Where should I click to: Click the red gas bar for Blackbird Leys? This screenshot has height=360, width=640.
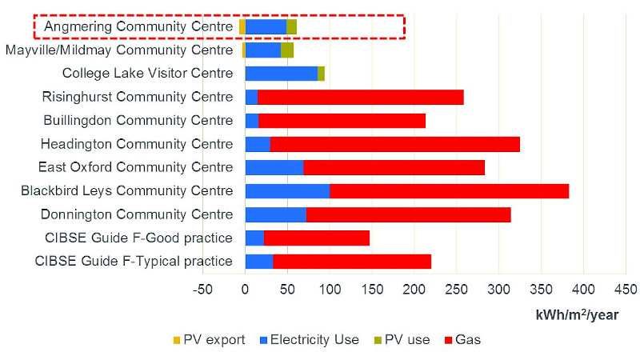(449, 190)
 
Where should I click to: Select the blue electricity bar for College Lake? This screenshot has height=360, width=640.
(281, 74)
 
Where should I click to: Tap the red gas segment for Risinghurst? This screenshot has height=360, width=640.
(360, 97)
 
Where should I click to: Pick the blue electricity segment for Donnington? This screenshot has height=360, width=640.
(275, 214)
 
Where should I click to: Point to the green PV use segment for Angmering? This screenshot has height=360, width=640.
(291, 26)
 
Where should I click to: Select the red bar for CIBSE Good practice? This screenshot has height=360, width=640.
(316, 238)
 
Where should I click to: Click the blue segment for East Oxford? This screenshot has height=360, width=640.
(274, 167)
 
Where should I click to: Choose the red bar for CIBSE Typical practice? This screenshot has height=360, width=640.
(352, 261)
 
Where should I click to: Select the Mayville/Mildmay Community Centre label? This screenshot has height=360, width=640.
(119, 50)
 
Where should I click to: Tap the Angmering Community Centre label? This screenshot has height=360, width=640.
(138, 26)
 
